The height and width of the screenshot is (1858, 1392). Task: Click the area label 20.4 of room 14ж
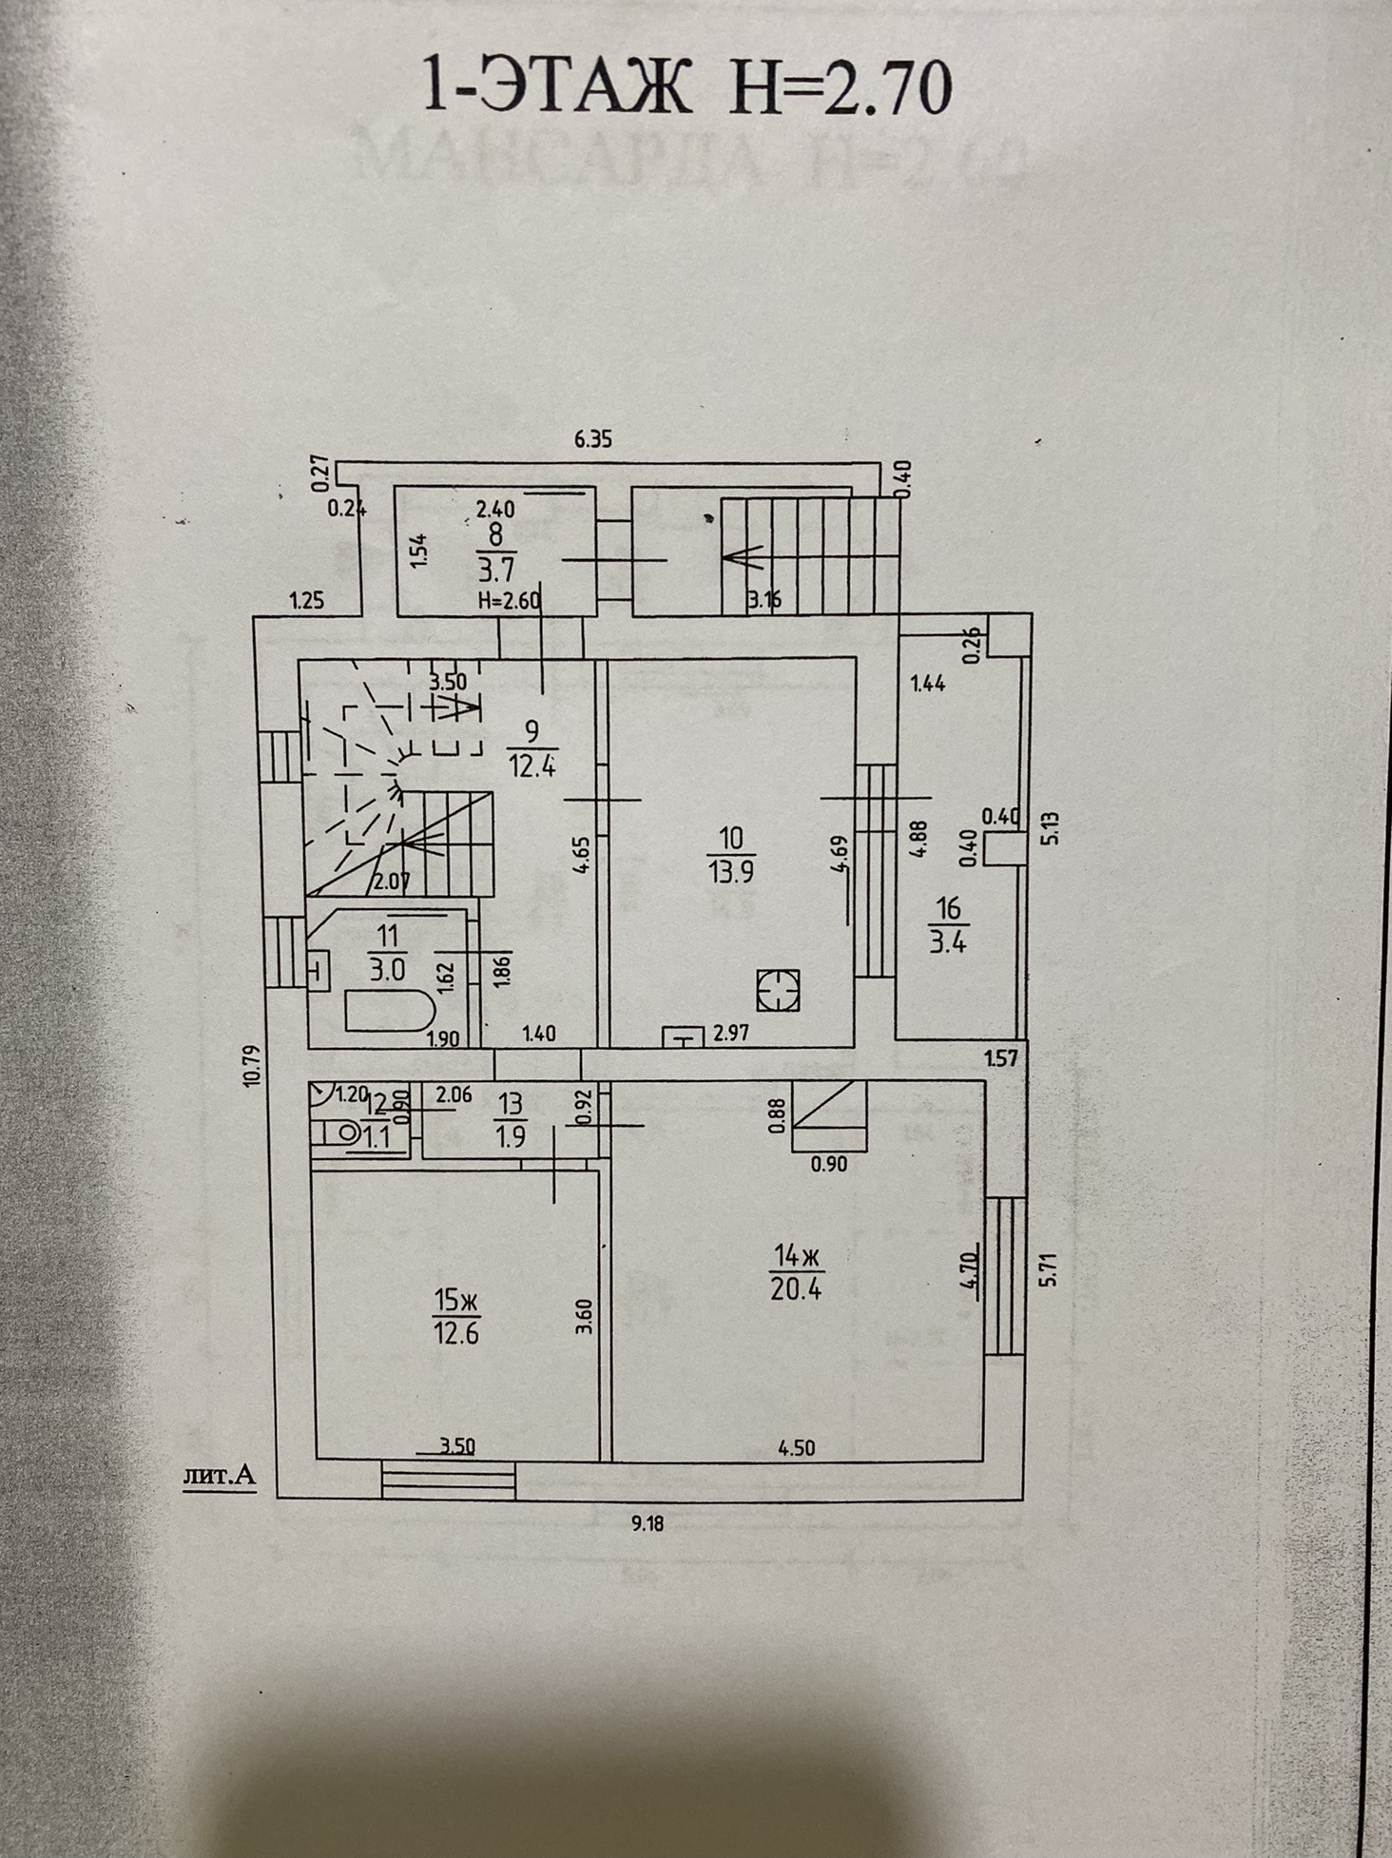point(797,1287)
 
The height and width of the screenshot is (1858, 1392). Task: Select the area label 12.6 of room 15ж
point(456,1332)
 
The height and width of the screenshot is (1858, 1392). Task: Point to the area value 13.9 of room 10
point(731,870)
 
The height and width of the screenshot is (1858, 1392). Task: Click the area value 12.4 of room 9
point(532,764)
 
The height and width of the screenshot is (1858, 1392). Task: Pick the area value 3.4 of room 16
point(948,943)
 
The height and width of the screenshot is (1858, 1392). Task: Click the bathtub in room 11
point(390,1011)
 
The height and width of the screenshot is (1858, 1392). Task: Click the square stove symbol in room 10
point(778,990)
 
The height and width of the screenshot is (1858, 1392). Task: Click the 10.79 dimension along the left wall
point(251,1066)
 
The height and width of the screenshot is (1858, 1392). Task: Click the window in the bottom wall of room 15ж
point(448,1479)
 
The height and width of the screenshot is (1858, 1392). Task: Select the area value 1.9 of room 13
point(511,1136)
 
